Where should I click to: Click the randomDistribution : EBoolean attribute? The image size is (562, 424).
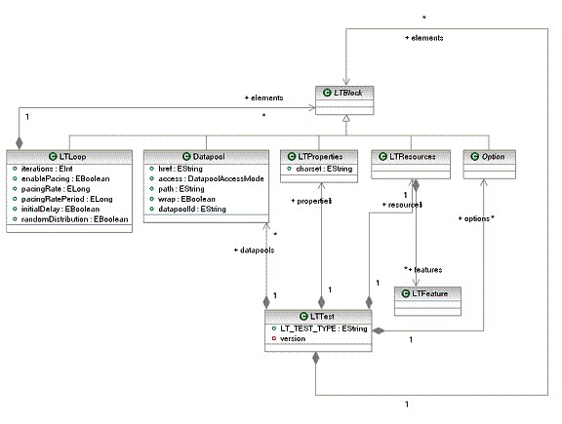[x=77, y=217]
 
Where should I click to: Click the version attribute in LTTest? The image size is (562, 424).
[x=294, y=338]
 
